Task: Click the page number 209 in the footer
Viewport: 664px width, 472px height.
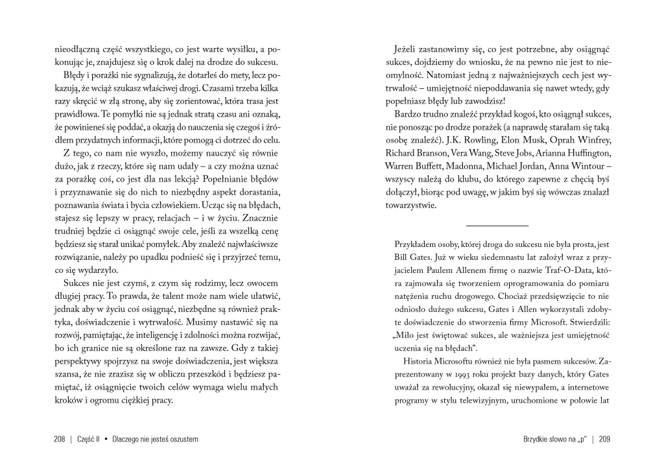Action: pyautogui.click(x=604, y=439)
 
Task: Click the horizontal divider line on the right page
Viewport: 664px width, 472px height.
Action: pyautogui.click(x=497, y=225)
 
